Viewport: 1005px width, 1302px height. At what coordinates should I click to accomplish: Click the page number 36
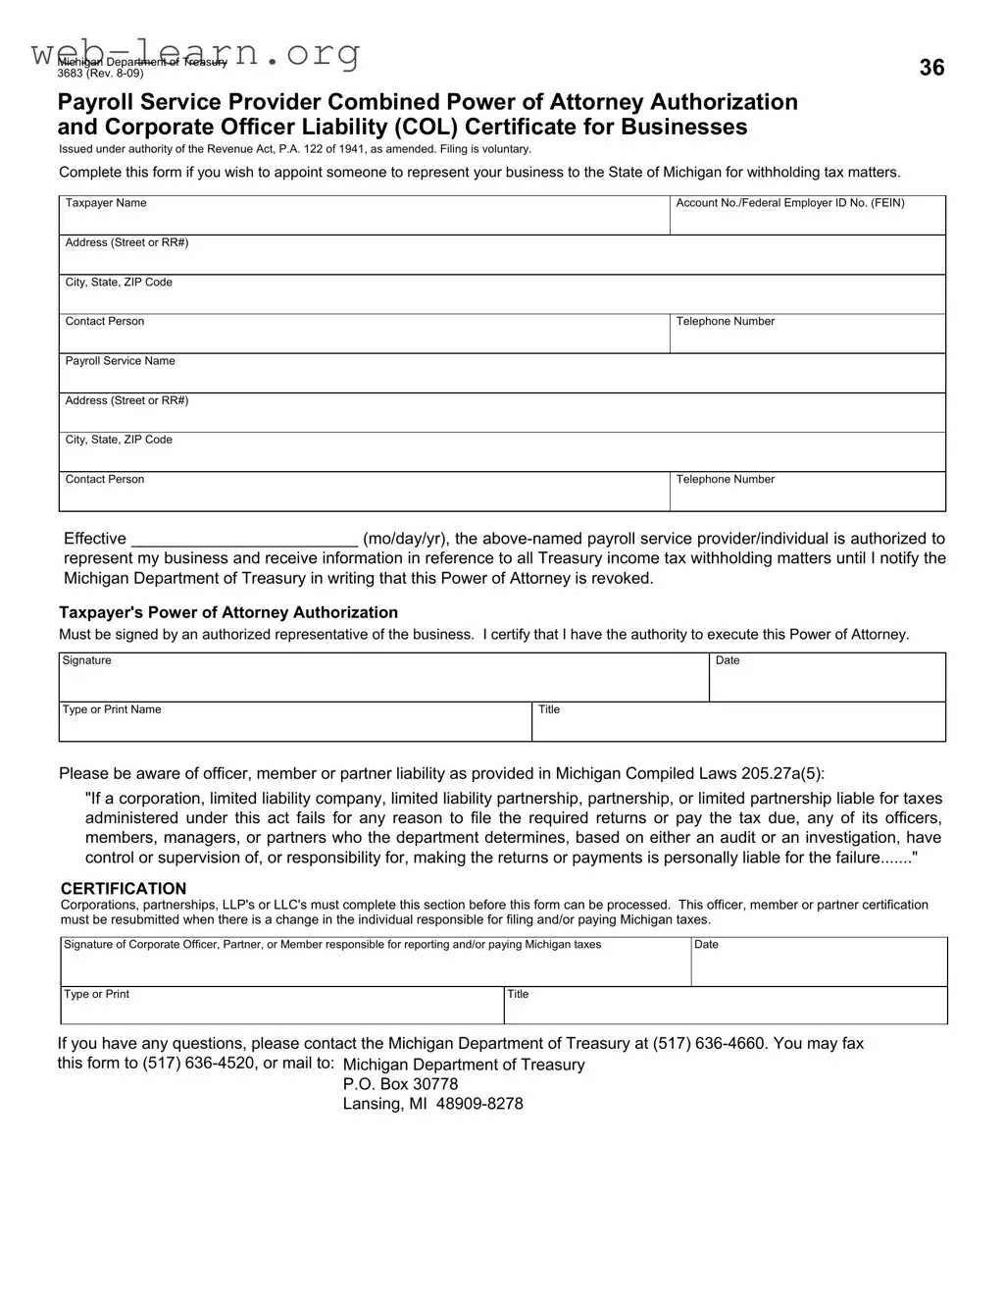click(x=931, y=68)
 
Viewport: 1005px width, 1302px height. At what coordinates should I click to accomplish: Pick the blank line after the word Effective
click(x=244, y=539)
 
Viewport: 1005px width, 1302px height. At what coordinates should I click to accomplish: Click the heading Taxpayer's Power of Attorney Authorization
click(x=228, y=612)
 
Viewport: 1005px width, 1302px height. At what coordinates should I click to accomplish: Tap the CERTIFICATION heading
click(x=124, y=889)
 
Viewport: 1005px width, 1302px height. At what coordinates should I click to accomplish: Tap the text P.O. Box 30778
click(x=400, y=1084)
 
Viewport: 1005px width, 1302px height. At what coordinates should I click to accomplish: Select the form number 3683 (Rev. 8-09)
click(x=100, y=74)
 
